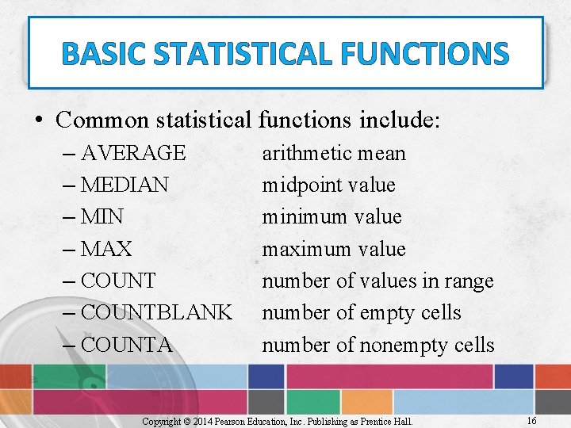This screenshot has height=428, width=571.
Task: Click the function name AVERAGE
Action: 133,153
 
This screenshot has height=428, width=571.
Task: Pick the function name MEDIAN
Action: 125,185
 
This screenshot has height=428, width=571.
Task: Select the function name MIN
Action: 102,217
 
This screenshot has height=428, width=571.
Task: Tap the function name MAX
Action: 106,249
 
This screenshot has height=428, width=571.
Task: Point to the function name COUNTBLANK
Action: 156,313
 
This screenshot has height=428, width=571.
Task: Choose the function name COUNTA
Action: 127,345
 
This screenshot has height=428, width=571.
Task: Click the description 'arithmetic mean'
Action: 334,153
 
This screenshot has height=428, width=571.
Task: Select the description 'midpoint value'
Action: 328,185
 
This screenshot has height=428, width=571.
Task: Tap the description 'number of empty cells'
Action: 362,313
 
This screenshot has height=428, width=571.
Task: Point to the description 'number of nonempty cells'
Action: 378,345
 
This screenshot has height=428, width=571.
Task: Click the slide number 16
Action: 531,421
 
